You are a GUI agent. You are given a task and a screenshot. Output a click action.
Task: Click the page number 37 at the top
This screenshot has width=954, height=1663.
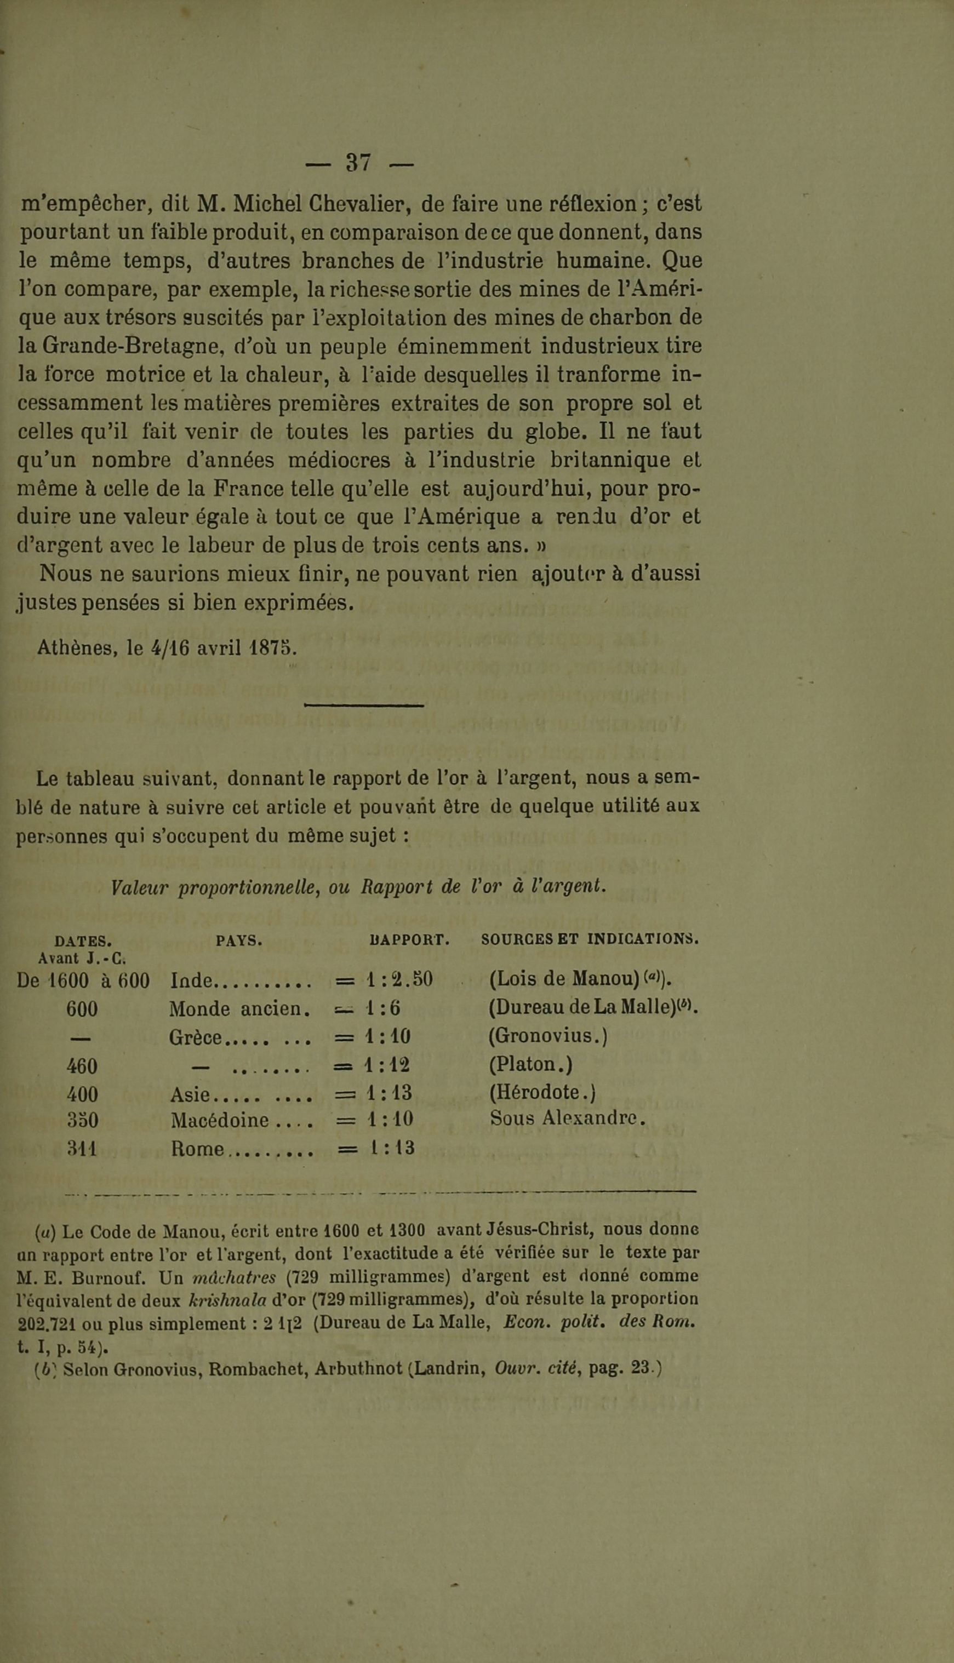pos(359,163)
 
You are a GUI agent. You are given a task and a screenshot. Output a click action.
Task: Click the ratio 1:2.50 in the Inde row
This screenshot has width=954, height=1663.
pos(399,980)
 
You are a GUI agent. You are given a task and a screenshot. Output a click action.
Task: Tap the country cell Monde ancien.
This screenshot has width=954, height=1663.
pos(239,1008)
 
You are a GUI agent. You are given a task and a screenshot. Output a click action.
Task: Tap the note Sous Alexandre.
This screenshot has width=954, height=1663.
pos(568,1119)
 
